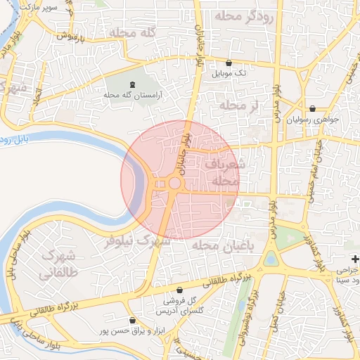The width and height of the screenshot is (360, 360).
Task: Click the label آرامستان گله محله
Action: coord(133,95)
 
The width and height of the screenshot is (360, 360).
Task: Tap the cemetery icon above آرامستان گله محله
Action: coord(133,84)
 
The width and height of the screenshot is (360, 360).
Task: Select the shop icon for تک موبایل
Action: coord(229,63)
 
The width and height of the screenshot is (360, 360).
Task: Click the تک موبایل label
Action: coord(231,73)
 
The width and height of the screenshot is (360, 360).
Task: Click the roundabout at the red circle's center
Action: coord(174,184)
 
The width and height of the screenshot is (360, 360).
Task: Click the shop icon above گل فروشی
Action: coord(179,290)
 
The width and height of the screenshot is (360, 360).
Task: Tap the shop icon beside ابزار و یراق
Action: coord(134,320)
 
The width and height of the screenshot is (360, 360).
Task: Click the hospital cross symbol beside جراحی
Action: coord(355,259)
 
